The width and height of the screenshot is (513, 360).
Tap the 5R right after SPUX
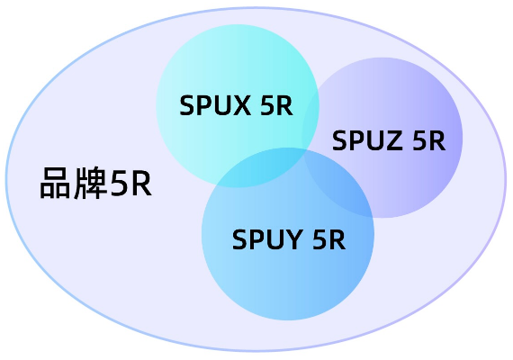point(274,106)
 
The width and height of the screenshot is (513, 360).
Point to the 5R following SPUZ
point(427,141)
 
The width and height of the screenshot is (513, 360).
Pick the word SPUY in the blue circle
point(265,239)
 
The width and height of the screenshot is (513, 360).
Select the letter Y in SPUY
point(292,239)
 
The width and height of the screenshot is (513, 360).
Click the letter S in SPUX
point(187,106)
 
